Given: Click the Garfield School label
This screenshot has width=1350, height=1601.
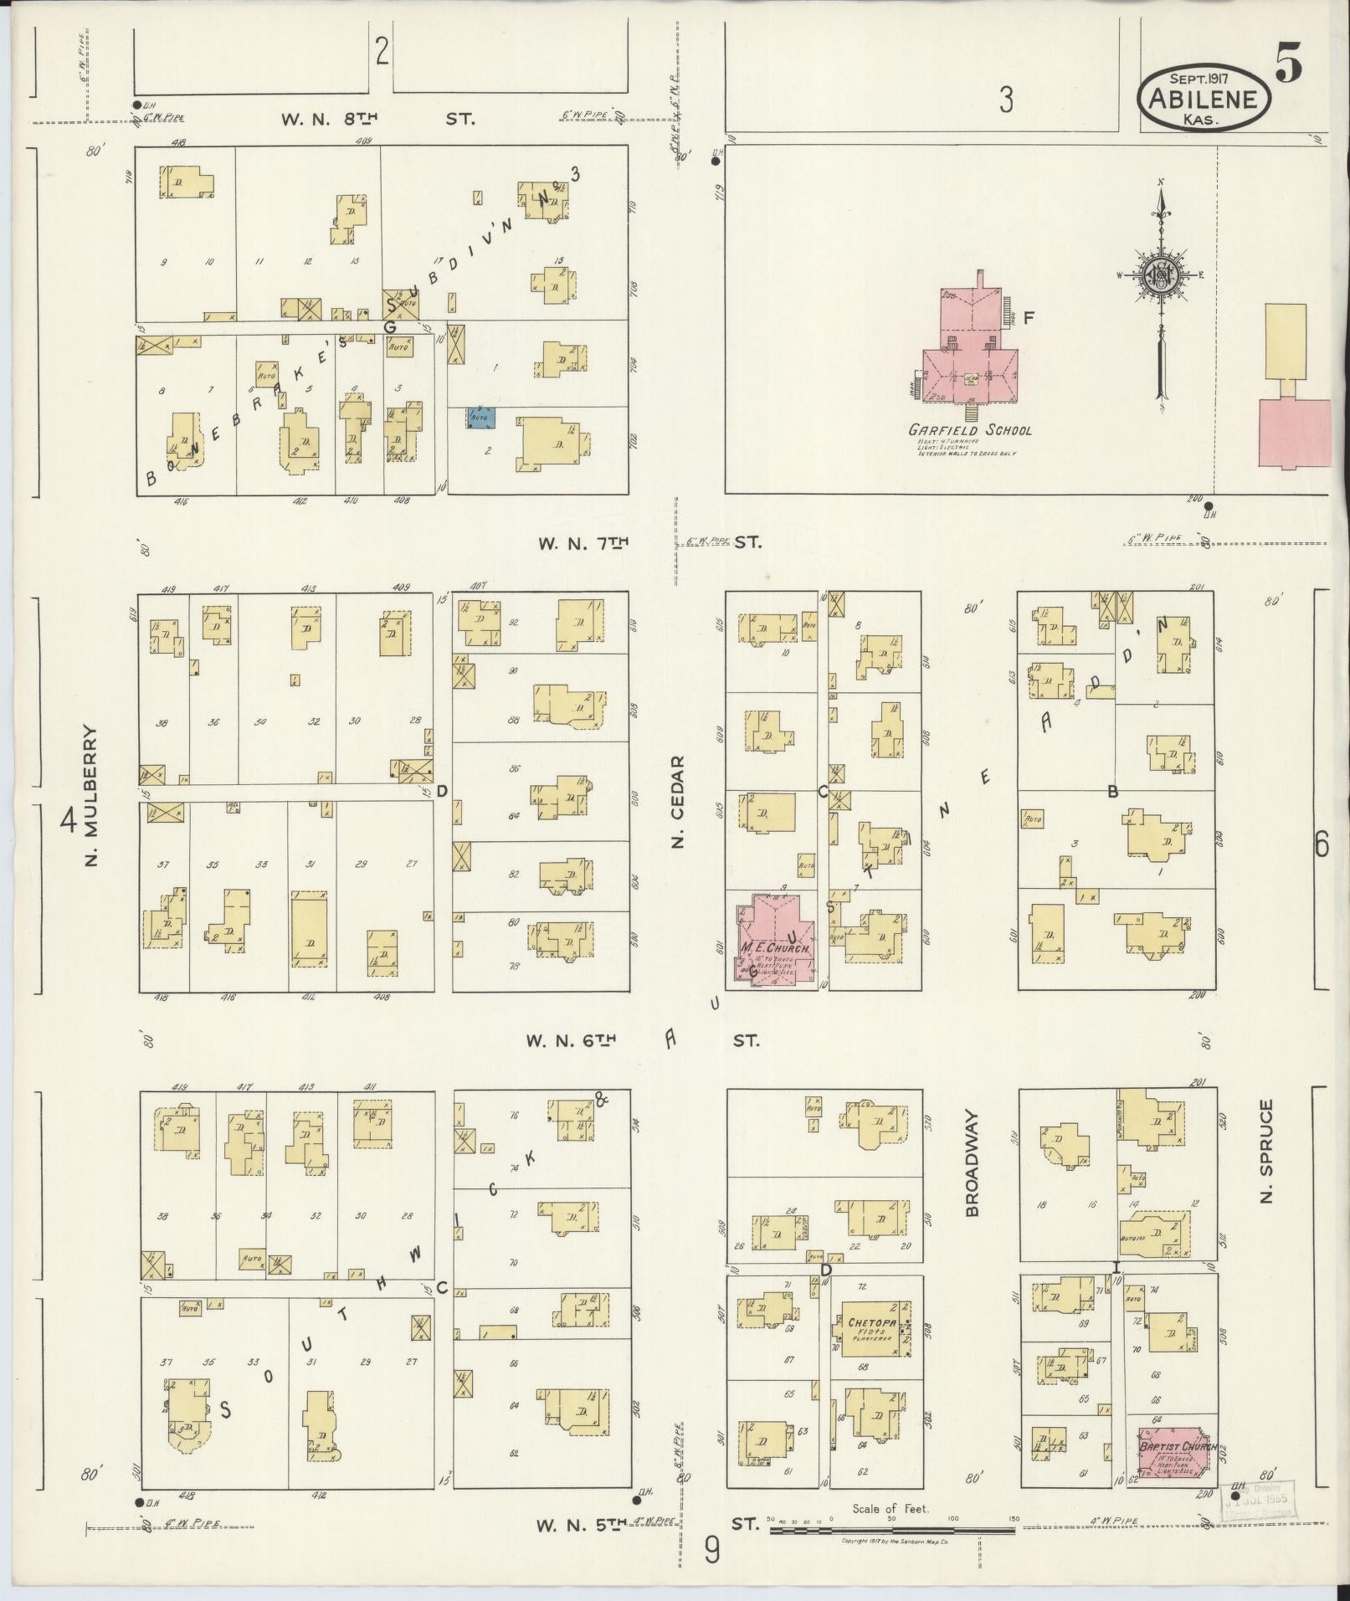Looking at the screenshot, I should click(x=970, y=430).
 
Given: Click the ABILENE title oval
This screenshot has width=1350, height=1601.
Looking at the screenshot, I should click(x=1204, y=99).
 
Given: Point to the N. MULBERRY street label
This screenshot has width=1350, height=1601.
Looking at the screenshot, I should click(x=91, y=796).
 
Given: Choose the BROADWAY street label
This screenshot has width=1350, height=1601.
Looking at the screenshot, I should click(x=972, y=1163).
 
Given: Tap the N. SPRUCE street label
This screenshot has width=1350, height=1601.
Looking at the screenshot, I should click(x=1265, y=1152).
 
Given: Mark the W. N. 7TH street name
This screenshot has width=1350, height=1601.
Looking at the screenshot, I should click(x=583, y=542).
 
